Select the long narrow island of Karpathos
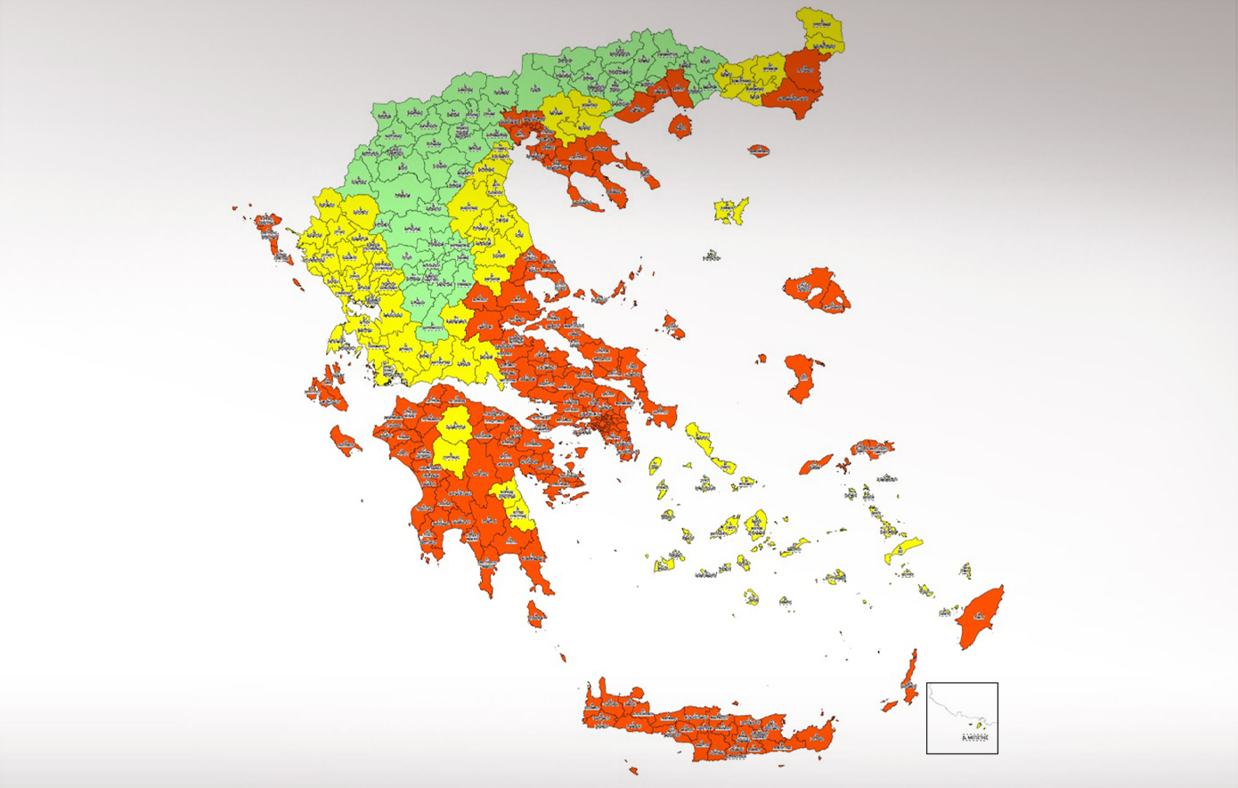pos(909,677)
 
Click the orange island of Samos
pos(872,448)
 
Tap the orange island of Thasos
pos(680,125)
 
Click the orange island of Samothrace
pos(758,150)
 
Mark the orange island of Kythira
pos(535,613)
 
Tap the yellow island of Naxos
pos(757,524)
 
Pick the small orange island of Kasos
pos(889,706)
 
